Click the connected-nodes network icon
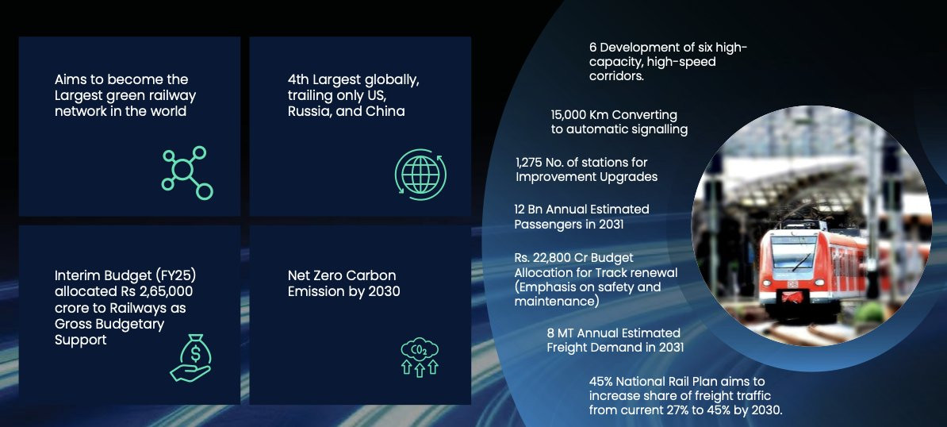click(187, 173)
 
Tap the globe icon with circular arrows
click(420, 175)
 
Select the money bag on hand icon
click(190, 358)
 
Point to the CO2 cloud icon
click(420, 358)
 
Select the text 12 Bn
click(529, 210)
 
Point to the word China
click(385, 112)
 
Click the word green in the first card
click(128, 96)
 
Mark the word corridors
click(616, 77)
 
